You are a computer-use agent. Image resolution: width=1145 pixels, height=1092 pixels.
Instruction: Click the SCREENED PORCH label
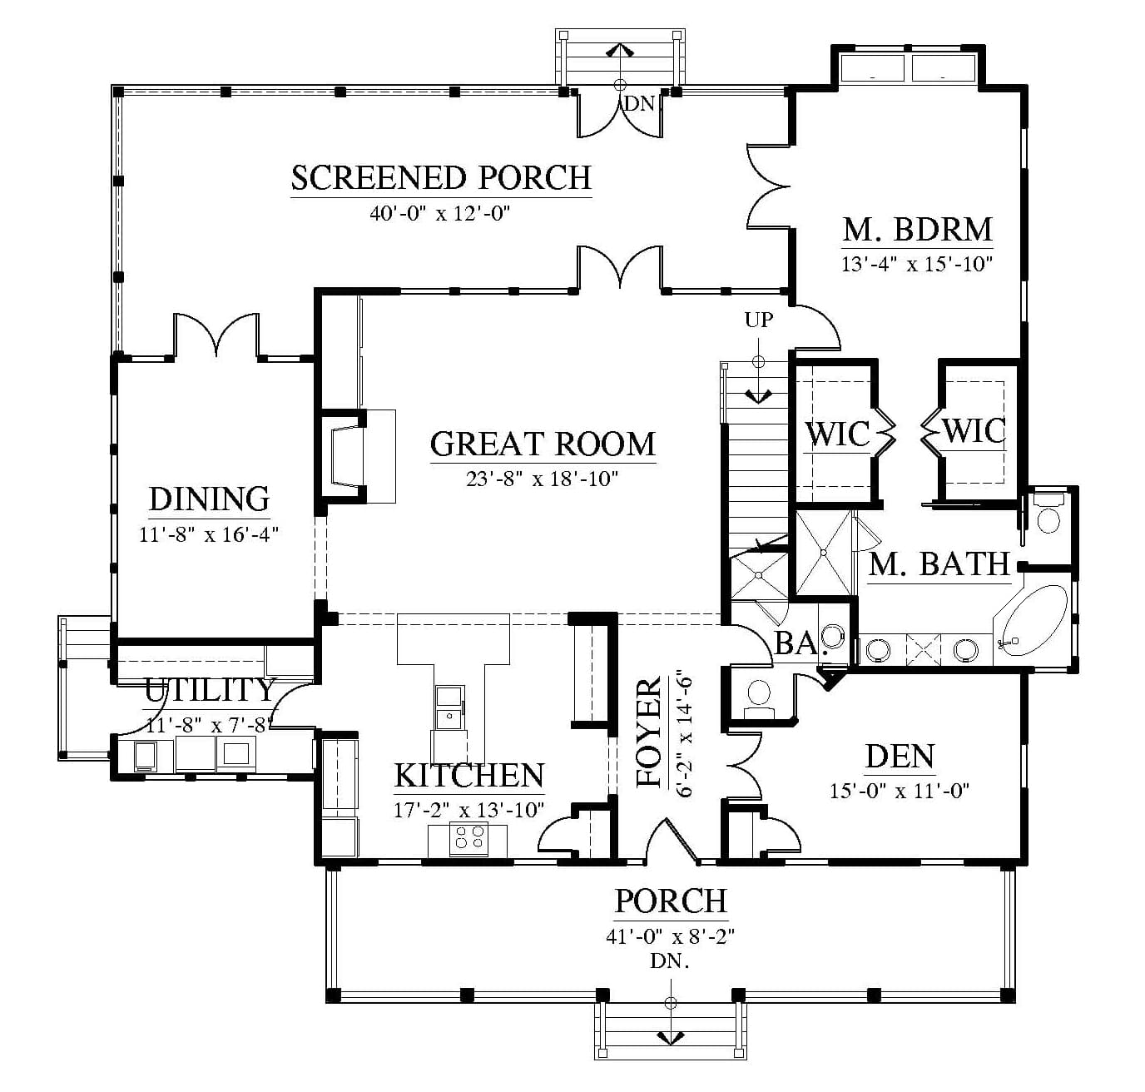441,178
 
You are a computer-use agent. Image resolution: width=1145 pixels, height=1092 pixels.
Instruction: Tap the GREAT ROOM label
543,444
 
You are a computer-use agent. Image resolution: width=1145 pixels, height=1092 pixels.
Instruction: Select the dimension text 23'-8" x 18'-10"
542,479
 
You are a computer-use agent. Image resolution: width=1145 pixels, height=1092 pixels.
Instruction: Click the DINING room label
209,499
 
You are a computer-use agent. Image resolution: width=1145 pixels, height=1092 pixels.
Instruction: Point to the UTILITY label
209,690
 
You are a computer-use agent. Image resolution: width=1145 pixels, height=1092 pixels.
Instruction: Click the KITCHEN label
469,775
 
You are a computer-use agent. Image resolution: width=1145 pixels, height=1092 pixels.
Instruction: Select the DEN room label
900,757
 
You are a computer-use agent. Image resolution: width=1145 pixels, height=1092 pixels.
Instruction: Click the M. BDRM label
917,229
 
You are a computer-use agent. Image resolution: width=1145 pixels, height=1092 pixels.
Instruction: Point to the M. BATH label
939,564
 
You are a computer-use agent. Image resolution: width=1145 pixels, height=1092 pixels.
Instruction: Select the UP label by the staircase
759,320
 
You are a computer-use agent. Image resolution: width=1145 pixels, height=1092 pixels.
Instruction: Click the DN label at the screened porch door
639,104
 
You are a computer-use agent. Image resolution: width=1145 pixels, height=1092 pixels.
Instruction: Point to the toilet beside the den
759,697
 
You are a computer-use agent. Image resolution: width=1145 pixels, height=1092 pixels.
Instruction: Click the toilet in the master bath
1048,514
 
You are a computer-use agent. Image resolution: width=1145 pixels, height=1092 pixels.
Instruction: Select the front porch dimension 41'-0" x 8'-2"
671,936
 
